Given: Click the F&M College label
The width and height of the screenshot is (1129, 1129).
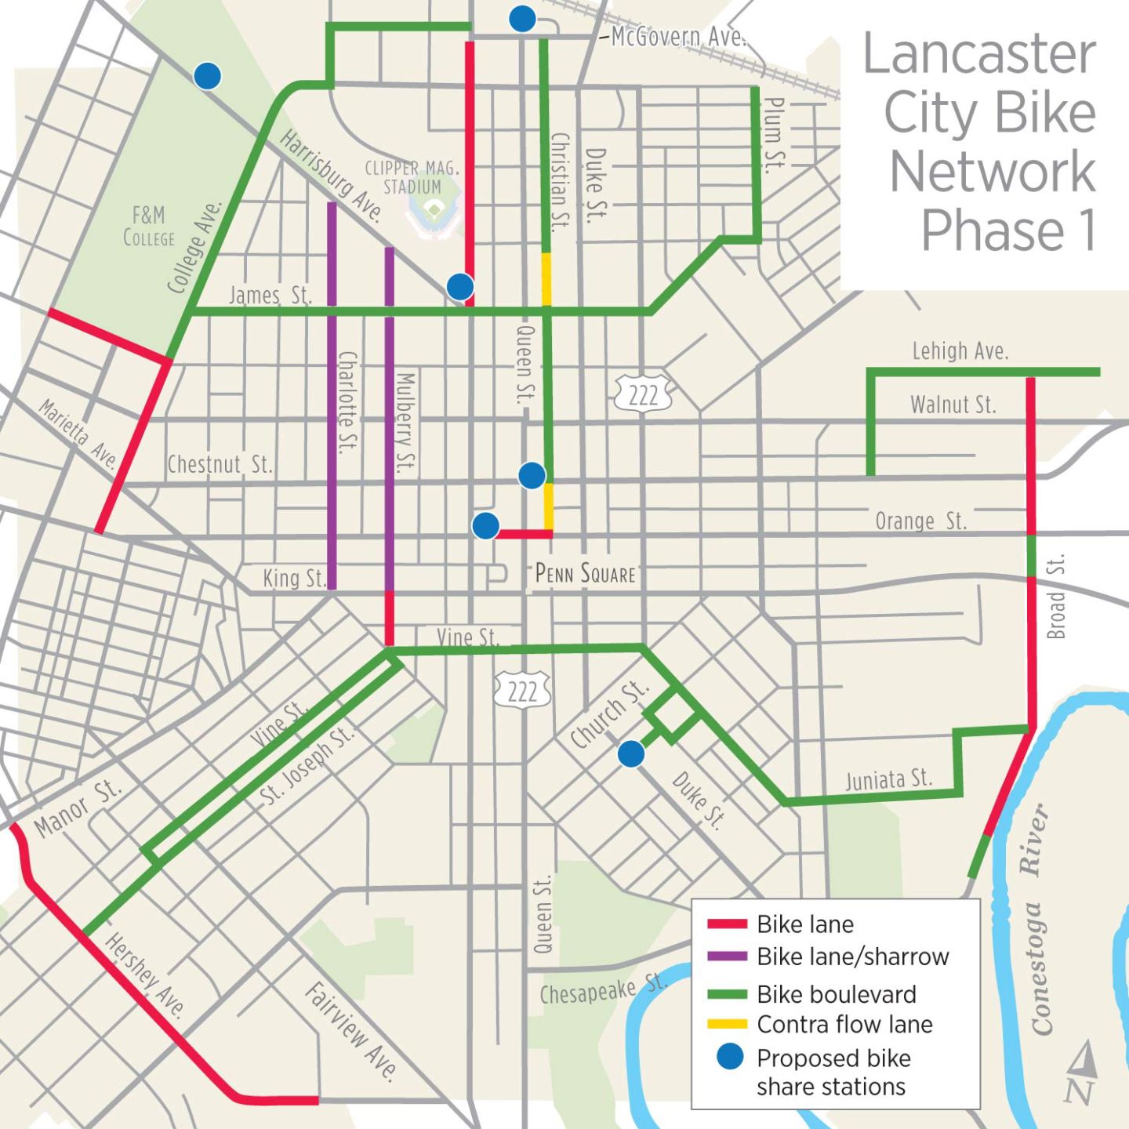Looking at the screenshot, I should coord(148,226).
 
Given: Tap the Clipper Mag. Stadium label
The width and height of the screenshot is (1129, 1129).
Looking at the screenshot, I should coord(412,177).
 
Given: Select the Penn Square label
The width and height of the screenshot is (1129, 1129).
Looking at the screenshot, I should coord(585,574).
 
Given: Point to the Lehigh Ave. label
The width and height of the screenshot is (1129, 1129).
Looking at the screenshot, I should coord(959,350).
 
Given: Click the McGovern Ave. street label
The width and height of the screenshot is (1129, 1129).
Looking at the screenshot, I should coord(678,36).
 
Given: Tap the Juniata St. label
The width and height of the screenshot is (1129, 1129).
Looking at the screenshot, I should coord(888,779).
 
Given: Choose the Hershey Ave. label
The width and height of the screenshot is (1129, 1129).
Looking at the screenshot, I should coord(146,975).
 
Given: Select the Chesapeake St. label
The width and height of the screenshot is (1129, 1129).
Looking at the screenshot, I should coord(603,989).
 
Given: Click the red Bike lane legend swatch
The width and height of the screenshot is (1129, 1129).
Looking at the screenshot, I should coord(726,924).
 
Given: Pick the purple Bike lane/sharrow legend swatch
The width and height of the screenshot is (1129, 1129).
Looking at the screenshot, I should coord(726,957).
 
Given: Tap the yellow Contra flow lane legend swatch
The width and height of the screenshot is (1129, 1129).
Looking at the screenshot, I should coord(726,1025).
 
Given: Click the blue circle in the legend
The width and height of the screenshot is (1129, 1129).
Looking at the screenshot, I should coord(729,1058).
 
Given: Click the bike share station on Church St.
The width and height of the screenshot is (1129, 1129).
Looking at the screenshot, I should coord(631,753).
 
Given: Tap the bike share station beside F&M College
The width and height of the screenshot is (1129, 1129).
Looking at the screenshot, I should coord(207,76).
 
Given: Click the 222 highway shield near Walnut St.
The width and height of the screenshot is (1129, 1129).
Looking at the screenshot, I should coord(643,394).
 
